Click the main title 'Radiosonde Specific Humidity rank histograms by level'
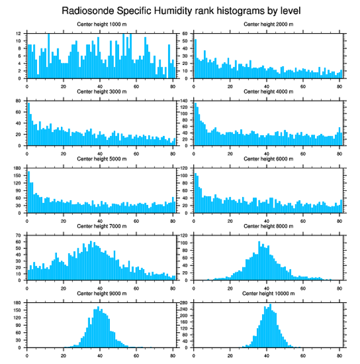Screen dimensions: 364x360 (180, 10)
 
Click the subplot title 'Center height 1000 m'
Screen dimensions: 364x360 (101, 24)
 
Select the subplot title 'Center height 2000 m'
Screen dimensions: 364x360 (268, 24)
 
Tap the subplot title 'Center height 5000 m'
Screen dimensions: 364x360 (101, 159)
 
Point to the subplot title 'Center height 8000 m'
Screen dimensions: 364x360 (268, 226)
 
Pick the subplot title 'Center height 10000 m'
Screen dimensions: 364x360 (268, 293)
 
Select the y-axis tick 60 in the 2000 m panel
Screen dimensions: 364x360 (186, 34)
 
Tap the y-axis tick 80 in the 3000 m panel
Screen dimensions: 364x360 (19, 101)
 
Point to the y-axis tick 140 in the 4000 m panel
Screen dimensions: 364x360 (184, 101)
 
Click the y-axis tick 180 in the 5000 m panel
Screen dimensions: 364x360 (18, 168)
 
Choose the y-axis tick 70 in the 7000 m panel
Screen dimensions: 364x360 (19, 236)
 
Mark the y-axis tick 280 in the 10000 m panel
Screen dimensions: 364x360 (184, 303)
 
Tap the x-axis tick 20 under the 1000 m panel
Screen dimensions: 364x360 (64, 86)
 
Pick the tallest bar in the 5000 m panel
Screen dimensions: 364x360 (29, 192)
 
